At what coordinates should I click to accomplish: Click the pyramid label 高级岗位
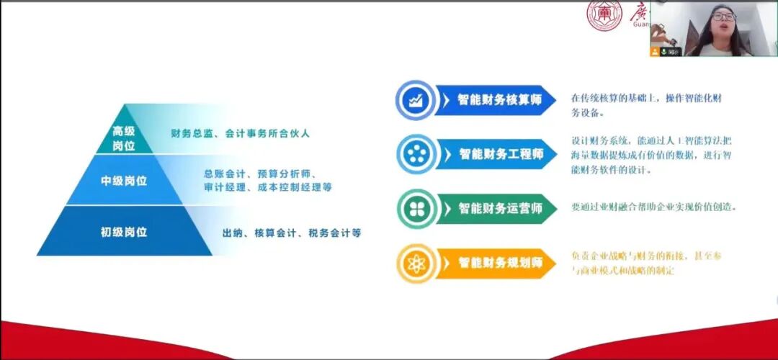click(x=124, y=138)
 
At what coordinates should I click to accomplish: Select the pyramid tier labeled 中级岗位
click(x=124, y=181)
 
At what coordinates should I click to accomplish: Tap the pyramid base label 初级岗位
click(x=124, y=232)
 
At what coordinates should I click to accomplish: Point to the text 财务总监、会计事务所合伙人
click(x=240, y=133)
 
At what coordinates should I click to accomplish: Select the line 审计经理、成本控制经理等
click(x=268, y=188)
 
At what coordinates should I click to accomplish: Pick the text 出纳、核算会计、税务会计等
click(x=292, y=233)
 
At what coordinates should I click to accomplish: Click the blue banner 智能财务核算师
click(x=500, y=99)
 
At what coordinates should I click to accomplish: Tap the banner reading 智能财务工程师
click(x=501, y=153)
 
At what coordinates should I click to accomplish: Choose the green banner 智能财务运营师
click(x=501, y=209)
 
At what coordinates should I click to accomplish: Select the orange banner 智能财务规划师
click(x=501, y=263)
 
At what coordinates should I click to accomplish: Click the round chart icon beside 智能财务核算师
click(x=416, y=100)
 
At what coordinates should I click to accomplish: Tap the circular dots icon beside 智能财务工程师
click(x=416, y=154)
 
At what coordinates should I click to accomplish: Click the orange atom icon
click(x=416, y=264)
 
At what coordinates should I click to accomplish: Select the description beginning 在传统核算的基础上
click(x=645, y=105)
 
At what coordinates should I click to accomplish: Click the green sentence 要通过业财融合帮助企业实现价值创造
click(x=654, y=207)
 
